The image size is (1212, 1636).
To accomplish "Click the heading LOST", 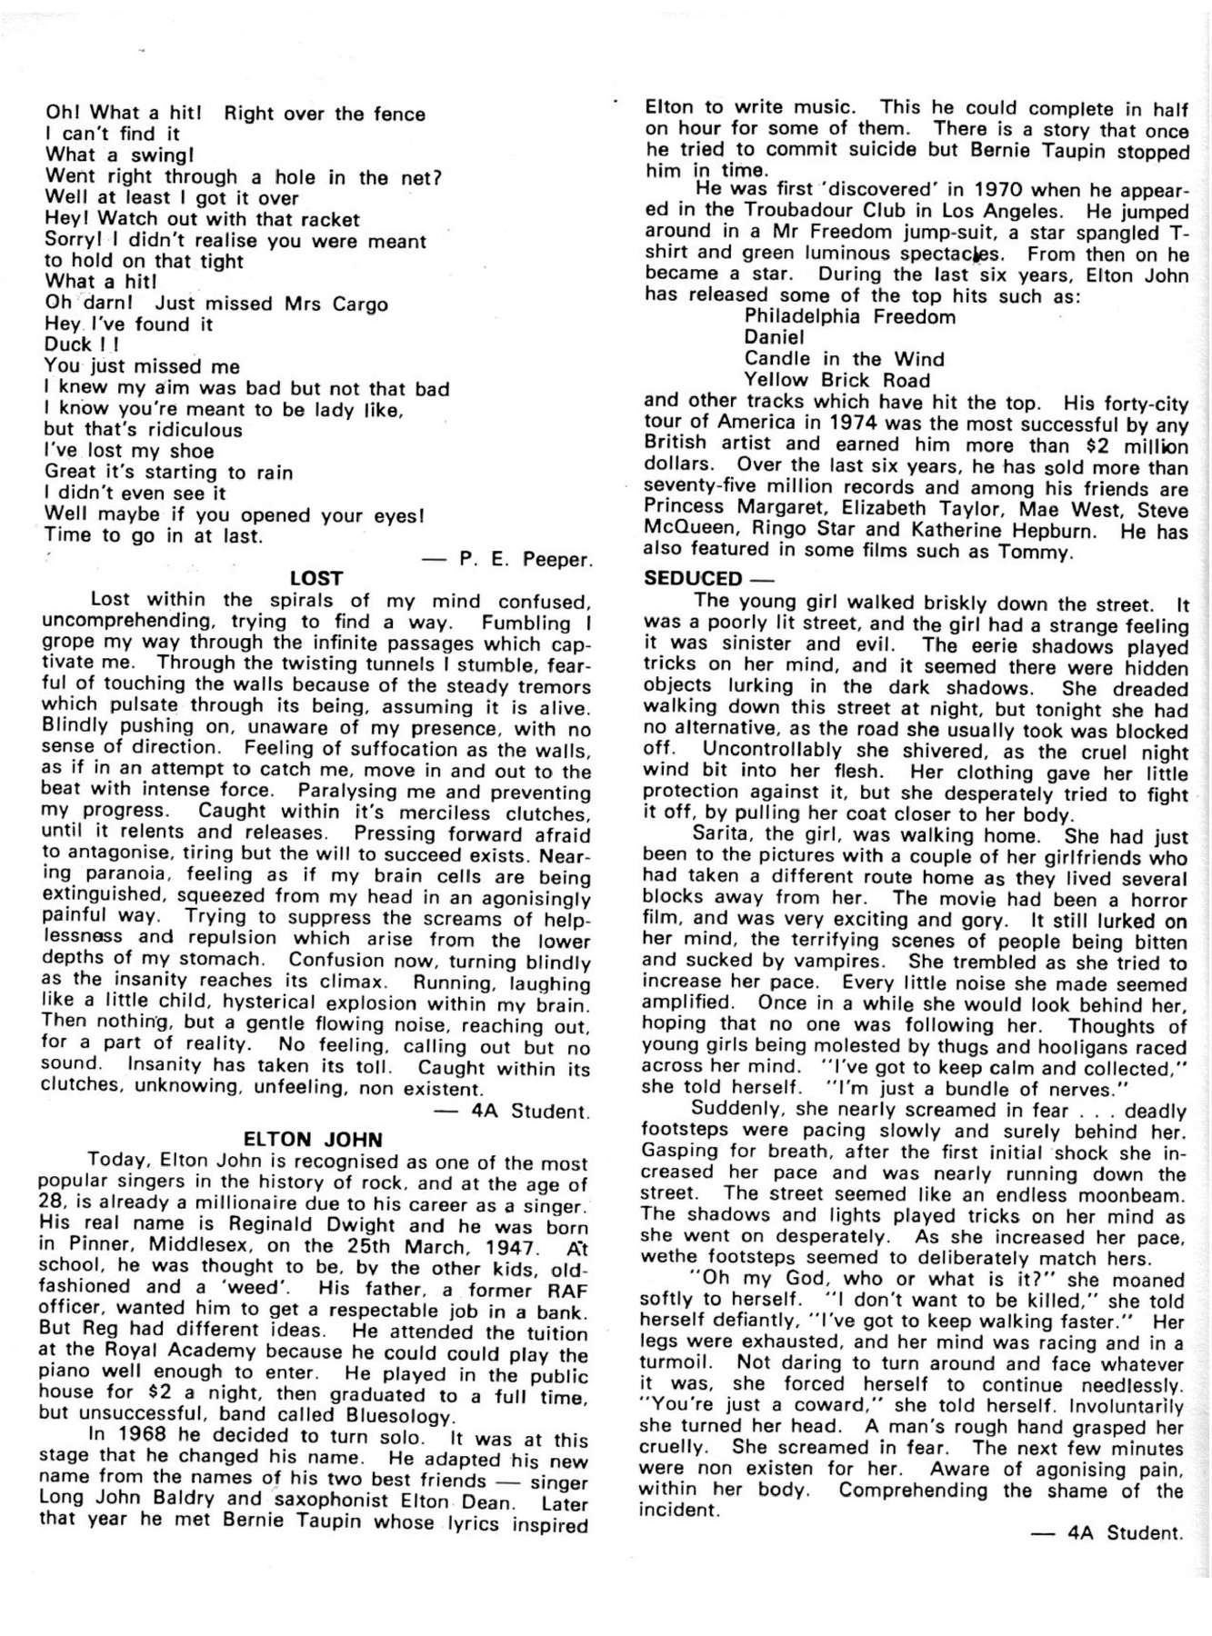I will click(316, 578).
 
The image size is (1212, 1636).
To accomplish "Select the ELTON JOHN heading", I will click(314, 1139).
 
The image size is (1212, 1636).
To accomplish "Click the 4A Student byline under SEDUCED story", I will click(1126, 1533).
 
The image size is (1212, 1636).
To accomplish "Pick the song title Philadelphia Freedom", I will click(849, 317).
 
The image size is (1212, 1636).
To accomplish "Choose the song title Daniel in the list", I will click(774, 338).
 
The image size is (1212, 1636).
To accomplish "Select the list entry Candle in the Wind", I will click(844, 359).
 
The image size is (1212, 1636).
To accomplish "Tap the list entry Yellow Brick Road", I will click(836, 380).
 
